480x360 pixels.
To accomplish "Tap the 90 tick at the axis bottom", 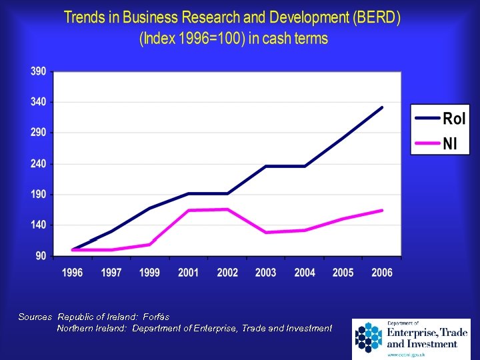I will (40, 256).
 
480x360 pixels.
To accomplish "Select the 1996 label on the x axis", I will (73, 273).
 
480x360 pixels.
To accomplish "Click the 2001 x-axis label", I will (189, 273).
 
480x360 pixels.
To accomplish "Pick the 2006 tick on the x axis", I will (382, 273).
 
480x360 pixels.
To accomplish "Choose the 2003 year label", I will (266, 273).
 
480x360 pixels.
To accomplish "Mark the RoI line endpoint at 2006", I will (382, 107).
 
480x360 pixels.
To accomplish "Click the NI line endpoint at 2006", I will (382, 210).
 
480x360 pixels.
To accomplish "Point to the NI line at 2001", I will (189, 210).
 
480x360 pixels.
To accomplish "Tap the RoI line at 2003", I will (266, 166).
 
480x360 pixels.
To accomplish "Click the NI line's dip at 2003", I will (266, 232).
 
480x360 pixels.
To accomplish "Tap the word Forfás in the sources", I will (156, 317).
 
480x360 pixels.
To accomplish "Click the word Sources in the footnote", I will (35, 317).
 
